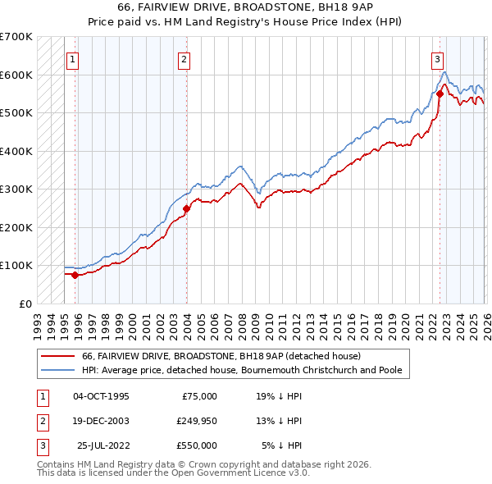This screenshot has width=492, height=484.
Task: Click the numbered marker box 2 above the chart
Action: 185,59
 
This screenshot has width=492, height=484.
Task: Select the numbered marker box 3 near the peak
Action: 438,59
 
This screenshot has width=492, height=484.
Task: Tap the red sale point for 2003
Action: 187,208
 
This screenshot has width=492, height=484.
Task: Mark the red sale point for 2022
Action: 440,94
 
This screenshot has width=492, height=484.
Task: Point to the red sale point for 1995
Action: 75,275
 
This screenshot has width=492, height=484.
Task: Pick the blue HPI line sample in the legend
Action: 58,370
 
